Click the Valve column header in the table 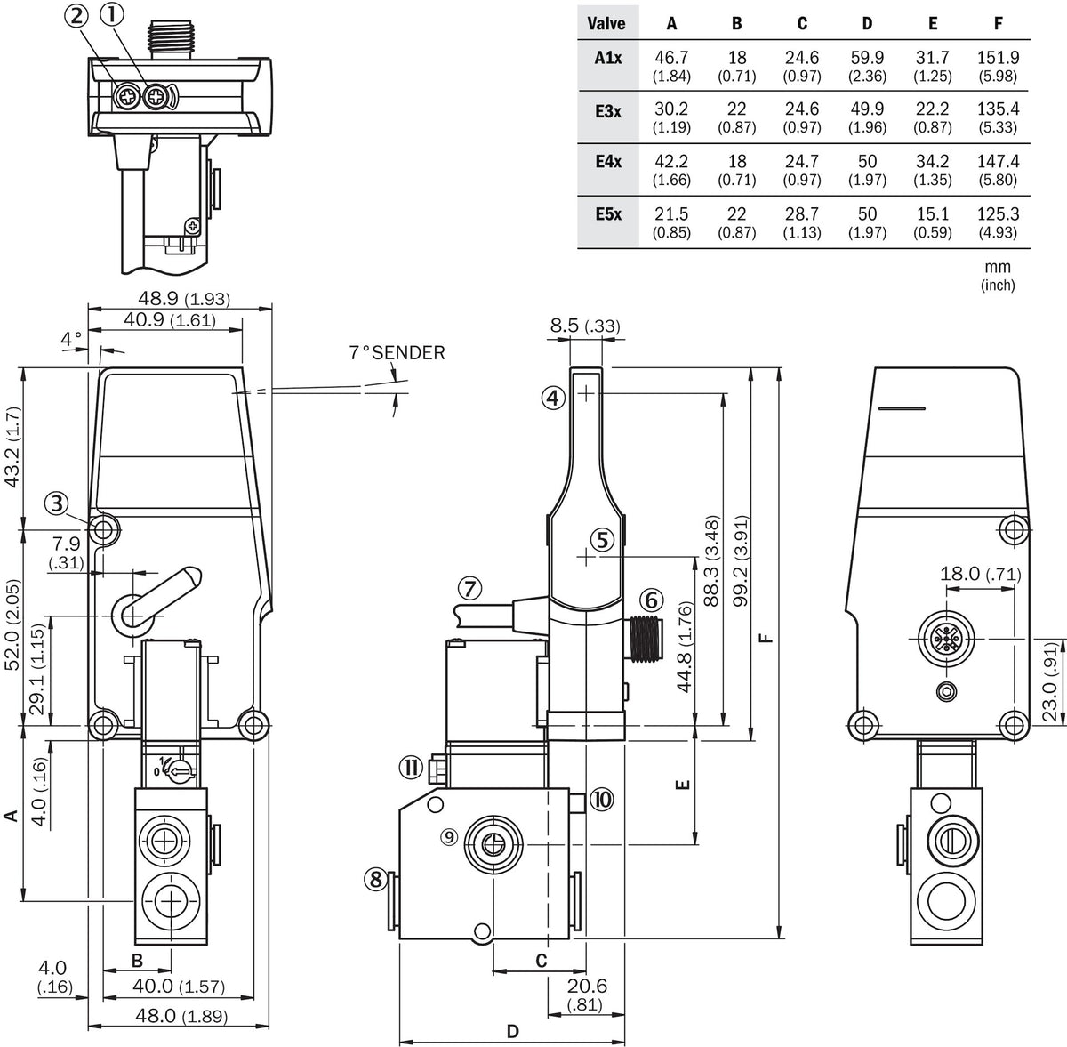coord(606,23)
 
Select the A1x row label coord(608,58)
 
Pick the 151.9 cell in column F coord(998,58)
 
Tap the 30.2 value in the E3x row coord(671,109)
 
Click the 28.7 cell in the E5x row coord(802,213)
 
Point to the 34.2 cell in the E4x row coord(933,161)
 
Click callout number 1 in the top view coord(113,15)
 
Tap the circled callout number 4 coord(552,398)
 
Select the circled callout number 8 coord(376,879)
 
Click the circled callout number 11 coord(411,768)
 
